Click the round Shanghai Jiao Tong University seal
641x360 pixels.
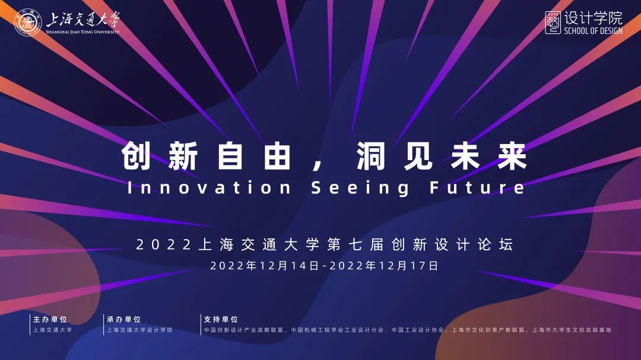(28, 22)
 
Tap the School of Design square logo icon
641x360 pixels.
(553, 23)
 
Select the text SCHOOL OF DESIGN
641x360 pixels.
(593, 31)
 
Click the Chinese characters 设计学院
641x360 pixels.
(593, 18)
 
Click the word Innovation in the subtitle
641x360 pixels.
(209, 187)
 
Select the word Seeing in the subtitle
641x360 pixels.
(360, 188)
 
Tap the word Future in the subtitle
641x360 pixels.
(477, 187)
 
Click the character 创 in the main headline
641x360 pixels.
(136, 156)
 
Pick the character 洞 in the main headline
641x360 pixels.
(371, 156)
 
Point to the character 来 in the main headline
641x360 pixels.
(512, 156)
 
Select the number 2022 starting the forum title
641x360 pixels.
(163, 245)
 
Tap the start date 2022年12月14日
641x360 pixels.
(264, 266)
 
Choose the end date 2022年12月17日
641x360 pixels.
(384, 266)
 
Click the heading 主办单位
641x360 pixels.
(50, 319)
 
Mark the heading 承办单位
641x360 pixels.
(123, 319)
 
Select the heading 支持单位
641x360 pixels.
(221, 319)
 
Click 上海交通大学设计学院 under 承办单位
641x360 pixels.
(140, 330)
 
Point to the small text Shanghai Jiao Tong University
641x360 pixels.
(82, 32)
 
